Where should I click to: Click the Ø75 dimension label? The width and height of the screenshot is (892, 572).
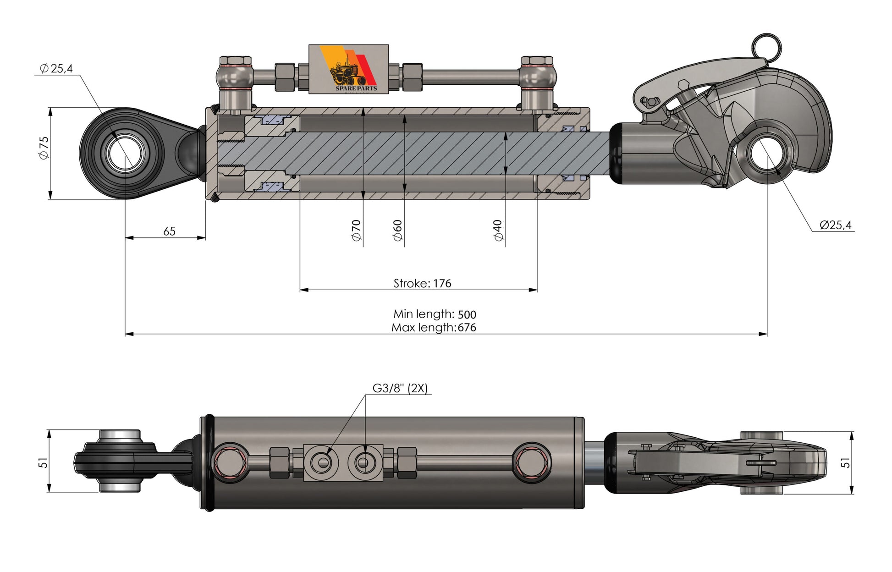click(x=44, y=148)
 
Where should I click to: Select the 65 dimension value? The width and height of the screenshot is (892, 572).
click(x=169, y=231)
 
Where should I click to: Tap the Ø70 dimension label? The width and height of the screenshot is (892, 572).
click(x=356, y=230)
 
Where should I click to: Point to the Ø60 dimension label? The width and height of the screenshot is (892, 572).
click(x=397, y=230)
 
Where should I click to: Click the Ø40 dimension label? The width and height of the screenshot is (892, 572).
click(x=498, y=230)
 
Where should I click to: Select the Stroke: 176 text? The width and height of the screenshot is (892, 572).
click(x=422, y=283)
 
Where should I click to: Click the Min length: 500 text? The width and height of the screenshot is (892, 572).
click(x=435, y=314)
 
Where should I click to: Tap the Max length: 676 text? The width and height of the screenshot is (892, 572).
click(x=434, y=328)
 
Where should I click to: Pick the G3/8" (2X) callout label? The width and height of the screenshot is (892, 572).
click(x=400, y=388)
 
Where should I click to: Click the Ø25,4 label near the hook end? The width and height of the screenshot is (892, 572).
click(x=835, y=225)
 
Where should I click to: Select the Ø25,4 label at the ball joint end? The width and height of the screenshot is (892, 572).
click(x=56, y=69)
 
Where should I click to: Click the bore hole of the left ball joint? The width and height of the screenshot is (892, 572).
click(x=125, y=154)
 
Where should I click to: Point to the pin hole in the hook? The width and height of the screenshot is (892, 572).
click(x=767, y=153)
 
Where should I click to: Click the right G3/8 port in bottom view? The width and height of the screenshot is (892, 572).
click(x=363, y=462)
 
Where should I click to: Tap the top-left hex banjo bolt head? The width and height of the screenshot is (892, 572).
click(x=235, y=60)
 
